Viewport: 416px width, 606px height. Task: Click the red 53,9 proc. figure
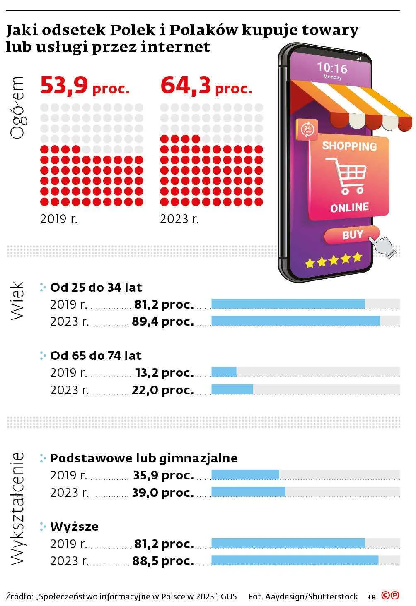click(x=85, y=86)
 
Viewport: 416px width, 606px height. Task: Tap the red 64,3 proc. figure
click(x=206, y=86)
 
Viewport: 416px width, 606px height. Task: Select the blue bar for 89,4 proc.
click(x=296, y=321)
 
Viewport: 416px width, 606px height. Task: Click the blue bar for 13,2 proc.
click(x=224, y=372)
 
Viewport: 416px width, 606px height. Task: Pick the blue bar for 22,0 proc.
click(x=232, y=389)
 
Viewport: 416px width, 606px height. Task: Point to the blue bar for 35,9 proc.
click(x=245, y=475)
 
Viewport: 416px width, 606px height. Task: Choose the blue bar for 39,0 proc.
click(x=248, y=492)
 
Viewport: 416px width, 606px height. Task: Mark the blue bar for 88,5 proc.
click(x=295, y=560)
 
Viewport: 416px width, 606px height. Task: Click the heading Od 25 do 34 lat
click(x=96, y=287)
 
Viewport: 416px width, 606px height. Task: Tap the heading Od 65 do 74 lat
click(x=96, y=355)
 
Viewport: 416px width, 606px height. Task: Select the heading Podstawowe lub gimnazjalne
click(x=144, y=458)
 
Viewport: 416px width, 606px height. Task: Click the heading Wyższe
click(x=75, y=527)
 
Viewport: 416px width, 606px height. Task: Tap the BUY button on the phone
click(x=352, y=235)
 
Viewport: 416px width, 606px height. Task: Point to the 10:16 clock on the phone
click(x=332, y=68)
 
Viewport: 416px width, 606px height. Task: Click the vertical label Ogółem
click(x=17, y=108)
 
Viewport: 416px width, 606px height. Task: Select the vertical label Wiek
click(x=17, y=301)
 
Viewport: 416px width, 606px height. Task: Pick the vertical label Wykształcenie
click(x=17, y=508)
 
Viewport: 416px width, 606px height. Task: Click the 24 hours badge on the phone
click(x=307, y=129)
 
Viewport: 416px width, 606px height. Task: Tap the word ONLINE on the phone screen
click(x=350, y=208)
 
